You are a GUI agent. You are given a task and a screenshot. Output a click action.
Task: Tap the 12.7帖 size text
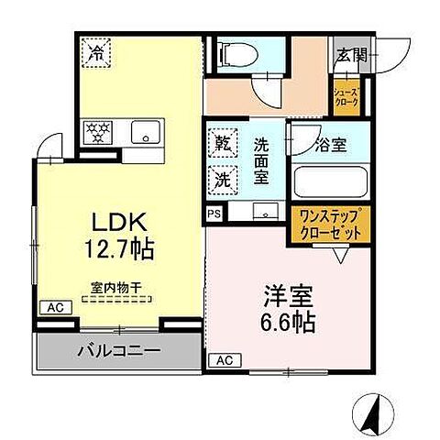[x=120, y=247]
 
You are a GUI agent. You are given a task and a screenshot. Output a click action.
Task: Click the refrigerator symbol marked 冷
[x=97, y=53]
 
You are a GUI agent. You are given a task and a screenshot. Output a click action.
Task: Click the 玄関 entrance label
[x=350, y=54]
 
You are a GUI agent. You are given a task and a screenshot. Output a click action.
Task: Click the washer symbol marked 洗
[x=223, y=180]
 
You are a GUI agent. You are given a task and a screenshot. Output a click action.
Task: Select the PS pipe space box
[x=214, y=214]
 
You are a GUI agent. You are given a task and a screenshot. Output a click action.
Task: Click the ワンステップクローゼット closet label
[x=331, y=225]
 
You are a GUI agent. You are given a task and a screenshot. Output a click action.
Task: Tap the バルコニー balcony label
[x=118, y=351]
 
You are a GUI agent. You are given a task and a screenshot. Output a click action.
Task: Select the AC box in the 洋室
[x=224, y=360]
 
